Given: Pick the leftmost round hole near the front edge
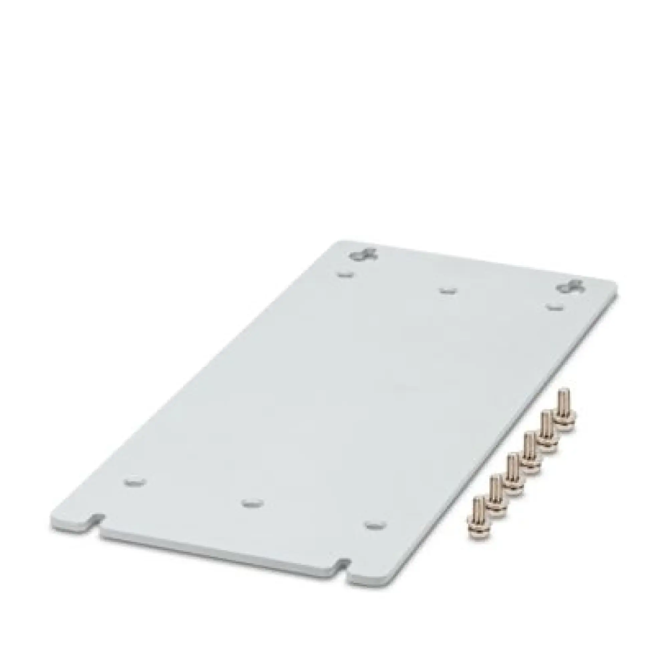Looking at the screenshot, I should (x=135, y=482).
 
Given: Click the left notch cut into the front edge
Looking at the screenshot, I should (x=96, y=529).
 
